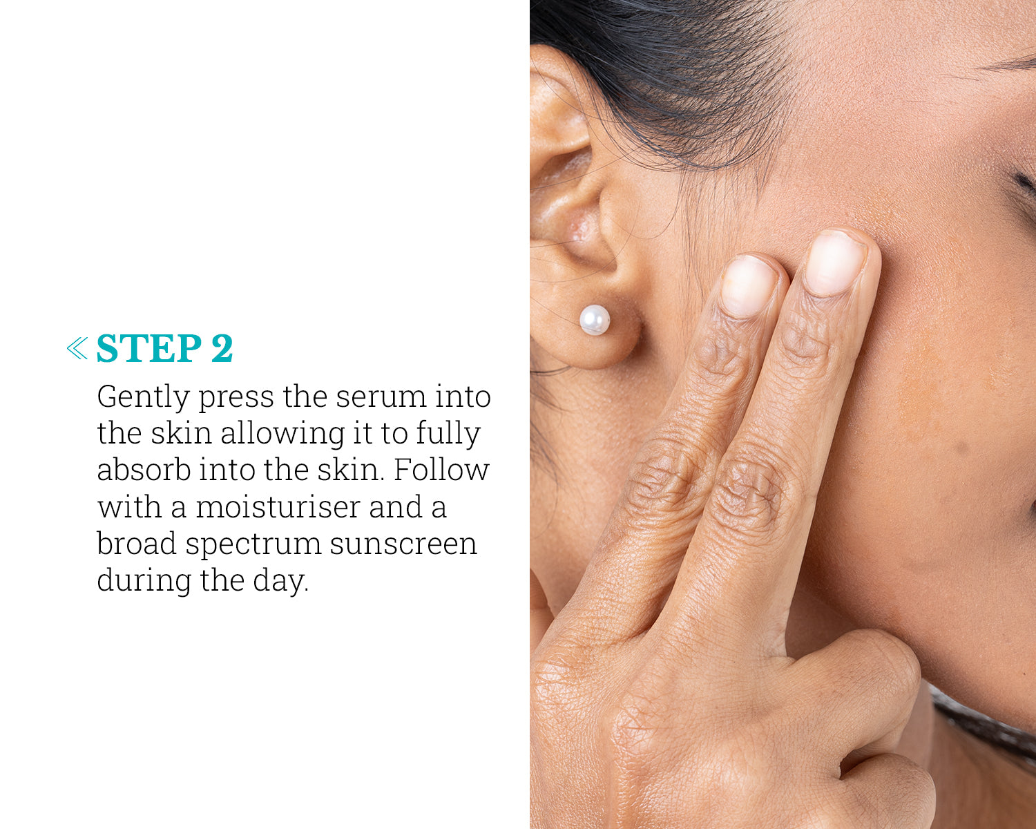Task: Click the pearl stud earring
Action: [x=595, y=320]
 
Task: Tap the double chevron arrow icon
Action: [x=77, y=348]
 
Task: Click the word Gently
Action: [x=144, y=398]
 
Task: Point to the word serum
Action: [x=381, y=398]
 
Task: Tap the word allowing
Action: [x=283, y=435]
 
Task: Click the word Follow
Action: [x=441, y=470]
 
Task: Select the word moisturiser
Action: [x=278, y=507]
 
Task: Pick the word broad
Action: [x=137, y=544]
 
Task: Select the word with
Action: [x=130, y=507]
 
